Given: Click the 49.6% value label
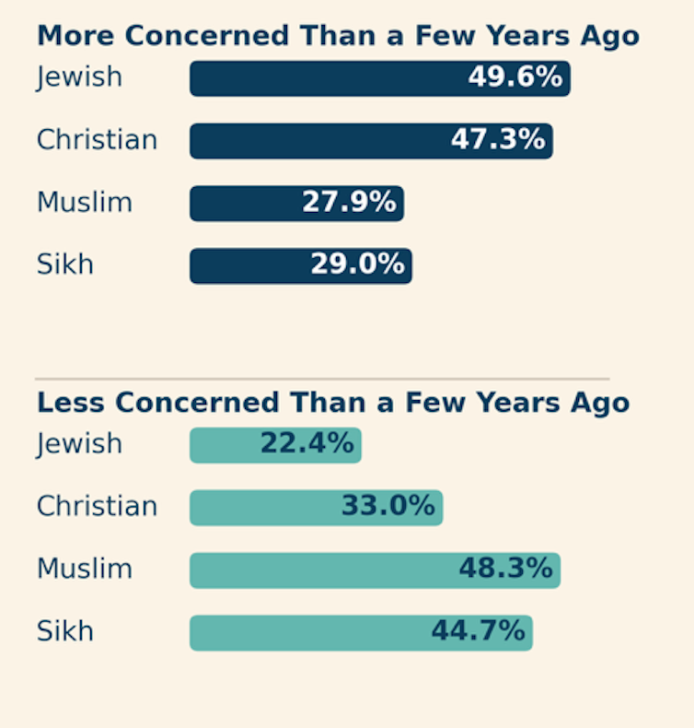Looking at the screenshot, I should [515, 77].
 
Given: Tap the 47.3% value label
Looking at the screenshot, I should [498, 140].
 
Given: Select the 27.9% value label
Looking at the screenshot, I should [349, 203].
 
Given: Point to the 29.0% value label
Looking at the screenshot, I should [357, 265].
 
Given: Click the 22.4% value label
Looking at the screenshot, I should [307, 444].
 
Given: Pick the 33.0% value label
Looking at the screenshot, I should [387, 507].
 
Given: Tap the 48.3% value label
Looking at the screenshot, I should [505, 569].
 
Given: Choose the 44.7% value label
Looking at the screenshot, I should [478, 632].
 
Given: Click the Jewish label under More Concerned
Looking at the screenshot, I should [79, 77].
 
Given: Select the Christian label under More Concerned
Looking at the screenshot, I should [97, 140].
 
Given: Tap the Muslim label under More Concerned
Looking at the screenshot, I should [84, 203].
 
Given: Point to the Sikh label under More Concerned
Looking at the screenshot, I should [64, 265].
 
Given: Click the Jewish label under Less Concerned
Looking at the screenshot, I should [79, 444].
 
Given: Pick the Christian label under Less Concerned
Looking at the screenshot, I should [97, 507].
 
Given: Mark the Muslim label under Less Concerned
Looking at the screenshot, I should [84, 569].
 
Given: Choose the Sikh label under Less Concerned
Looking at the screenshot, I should [64, 632].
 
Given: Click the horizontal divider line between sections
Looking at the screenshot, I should [322, 378].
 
